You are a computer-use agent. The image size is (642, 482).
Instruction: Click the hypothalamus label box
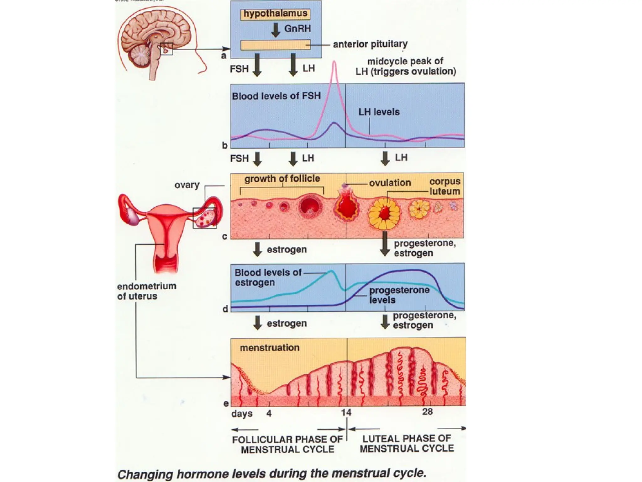click(275, 14)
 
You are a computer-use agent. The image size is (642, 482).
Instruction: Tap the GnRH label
click(297, 29)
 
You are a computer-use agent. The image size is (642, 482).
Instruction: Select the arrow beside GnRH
click(276, 30)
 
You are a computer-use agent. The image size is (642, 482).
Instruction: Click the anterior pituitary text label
click(370, 44)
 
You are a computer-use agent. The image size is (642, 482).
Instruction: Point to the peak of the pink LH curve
click(334, 62)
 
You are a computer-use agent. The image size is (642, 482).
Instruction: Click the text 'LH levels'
click(379, 112)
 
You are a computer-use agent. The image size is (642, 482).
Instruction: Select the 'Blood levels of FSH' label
click(276, 96)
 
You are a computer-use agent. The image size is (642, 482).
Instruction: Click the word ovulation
click(390, 183)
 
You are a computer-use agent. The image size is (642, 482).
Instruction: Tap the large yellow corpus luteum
click(384, 214)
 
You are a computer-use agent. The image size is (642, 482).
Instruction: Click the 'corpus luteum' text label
click(445, 186)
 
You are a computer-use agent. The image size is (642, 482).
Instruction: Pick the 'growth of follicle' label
click(282, 179)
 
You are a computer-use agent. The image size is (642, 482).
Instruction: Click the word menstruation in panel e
click(270, 348)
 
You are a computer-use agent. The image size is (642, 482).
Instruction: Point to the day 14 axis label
click(346, 412)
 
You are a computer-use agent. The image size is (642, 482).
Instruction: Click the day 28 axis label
click(427, 411)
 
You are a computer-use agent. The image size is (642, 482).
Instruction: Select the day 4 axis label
click(269, 413)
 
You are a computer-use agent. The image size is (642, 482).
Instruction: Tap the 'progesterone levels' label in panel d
click(399, 295)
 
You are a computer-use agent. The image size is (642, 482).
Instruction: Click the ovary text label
click(187, 185)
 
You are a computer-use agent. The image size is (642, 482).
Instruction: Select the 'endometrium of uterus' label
click(146, 291)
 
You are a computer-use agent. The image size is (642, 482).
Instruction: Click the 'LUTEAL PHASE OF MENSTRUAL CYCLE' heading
click(407, 443)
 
